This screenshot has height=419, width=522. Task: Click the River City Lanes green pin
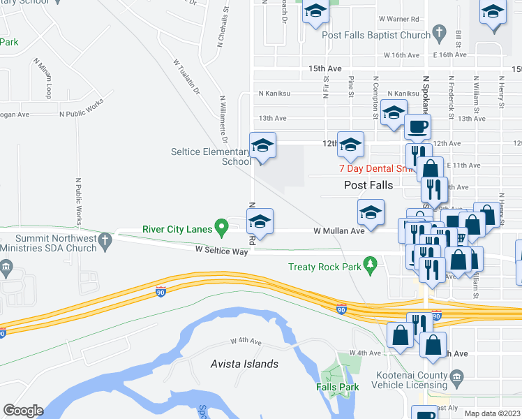coord(222,227)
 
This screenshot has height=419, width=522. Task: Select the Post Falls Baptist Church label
coord(382,36)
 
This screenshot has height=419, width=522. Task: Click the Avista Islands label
coord(244,364)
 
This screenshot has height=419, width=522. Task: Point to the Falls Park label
coord(336,386)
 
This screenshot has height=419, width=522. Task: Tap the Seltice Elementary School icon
coord(262,145)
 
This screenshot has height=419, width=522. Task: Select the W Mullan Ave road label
coord(339,230)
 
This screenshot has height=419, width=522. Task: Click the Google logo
coord(23,410)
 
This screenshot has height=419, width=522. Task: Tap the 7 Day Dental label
coord(370,168)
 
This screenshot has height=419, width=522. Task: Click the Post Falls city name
coord(368,185)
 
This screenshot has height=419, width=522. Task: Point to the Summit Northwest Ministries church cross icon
coord(104,240)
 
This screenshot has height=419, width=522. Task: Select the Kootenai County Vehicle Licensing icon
coord(456,378)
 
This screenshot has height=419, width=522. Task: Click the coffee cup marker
coord(418,127)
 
